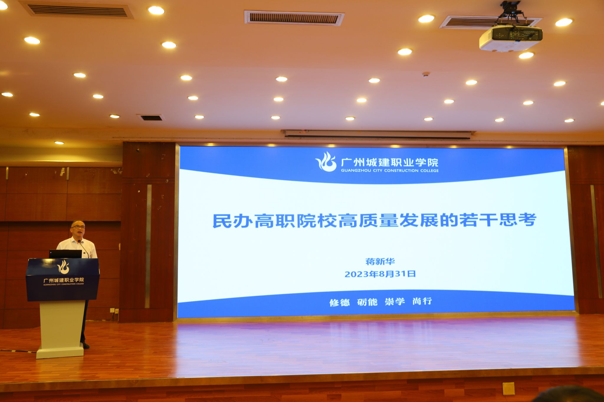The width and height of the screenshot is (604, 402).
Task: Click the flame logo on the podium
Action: (63, 267)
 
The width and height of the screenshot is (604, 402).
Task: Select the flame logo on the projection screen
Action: (326, 161)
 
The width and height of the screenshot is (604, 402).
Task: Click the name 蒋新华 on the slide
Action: (380, 261)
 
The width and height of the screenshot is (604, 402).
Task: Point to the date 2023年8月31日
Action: (380, 274)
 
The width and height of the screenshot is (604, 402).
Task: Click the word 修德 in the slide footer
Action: (339, 302)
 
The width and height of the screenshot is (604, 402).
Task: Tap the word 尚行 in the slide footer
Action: (422, 301)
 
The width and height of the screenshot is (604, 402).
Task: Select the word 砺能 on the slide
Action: (367, 302)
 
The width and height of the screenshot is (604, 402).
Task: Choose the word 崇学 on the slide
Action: (395, 301)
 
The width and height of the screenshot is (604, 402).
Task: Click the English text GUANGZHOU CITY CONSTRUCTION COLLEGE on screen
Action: (390, 171)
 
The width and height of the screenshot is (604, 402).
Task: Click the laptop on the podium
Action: (65, 254)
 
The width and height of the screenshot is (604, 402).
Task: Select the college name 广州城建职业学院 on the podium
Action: (64, 280)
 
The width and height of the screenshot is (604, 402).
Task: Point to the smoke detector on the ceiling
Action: (426, 74)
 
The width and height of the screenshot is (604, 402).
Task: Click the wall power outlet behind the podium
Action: (114, 310)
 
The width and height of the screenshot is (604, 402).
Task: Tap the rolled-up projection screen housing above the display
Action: (378, 134)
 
